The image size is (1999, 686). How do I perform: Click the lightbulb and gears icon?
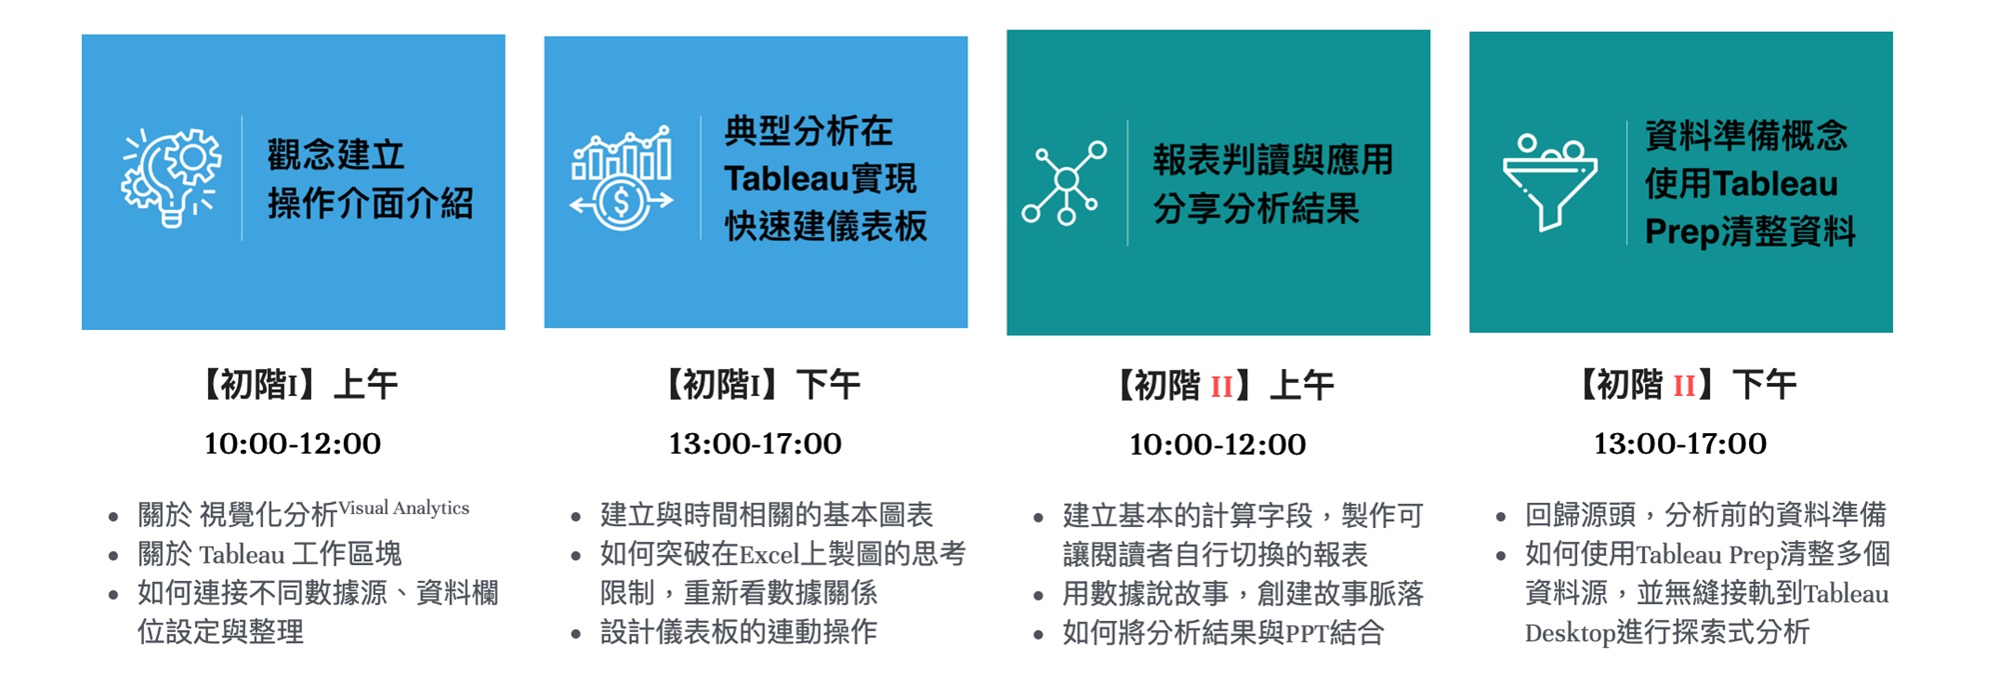coord(171,178)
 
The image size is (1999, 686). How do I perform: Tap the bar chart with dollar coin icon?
coord(621,178)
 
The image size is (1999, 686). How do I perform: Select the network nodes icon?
coord(1064,183)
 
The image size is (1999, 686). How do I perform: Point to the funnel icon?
coord(1549,181)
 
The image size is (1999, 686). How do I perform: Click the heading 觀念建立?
coord(336,155)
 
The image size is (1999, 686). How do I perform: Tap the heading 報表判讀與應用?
coord(1272,160)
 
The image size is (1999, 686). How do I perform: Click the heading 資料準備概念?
coord(1746,135)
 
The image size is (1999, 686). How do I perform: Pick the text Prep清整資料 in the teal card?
coord(1750,232)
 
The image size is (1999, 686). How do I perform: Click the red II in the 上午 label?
coord(1221,386)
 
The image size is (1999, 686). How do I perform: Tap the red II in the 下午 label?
coord(1684,385)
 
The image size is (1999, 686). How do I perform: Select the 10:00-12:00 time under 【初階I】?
coord(293,444)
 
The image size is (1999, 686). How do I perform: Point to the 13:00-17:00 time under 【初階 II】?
coord(1680,444)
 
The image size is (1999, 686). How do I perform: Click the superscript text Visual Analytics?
coord(404,508)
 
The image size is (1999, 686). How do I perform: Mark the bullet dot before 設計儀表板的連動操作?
coord(576,634)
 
